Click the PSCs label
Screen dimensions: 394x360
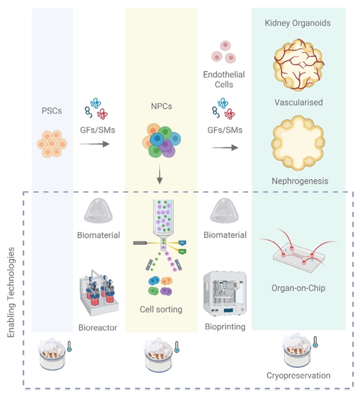pyautogui.click(x=52, y=109)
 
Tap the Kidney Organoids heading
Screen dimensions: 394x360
pyautogui.click(x=297, y=23)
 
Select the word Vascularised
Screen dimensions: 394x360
pyautogui.click(x=297, y=102)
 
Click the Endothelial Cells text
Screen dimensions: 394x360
pyautogui.click(x=224, y=79)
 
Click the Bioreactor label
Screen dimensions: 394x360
pyautogui.click(x=98, y=327)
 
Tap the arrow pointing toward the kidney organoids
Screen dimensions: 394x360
pyautogui.click(x=224, y=147)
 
